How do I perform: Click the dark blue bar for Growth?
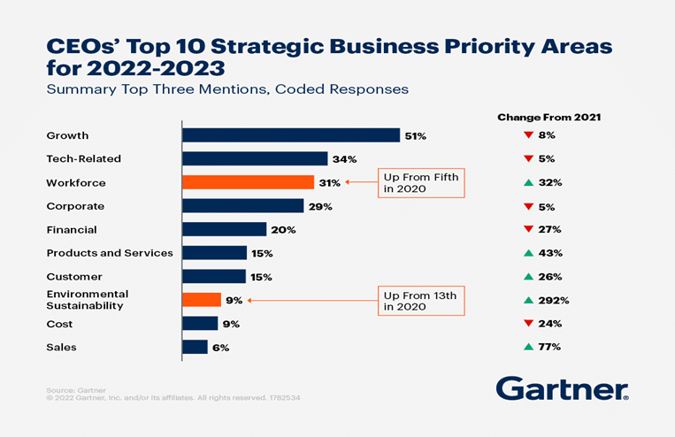(291, 135)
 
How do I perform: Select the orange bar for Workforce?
(248, 182)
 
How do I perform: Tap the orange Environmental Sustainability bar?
(201, 300)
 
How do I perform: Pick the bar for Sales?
(195, 347)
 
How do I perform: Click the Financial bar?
(224, 229)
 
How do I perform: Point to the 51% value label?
(416, 136)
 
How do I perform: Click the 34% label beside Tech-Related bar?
(345, 159)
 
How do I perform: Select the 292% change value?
(554, 300)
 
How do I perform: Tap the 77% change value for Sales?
(549, 347)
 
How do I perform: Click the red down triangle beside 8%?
(527, 135)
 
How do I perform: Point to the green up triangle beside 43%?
(527, 253)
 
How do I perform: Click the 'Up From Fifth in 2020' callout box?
(421, 182)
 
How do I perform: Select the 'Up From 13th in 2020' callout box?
(421, 301)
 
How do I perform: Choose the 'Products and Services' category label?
(110, 253)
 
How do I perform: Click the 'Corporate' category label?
(75, 206)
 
